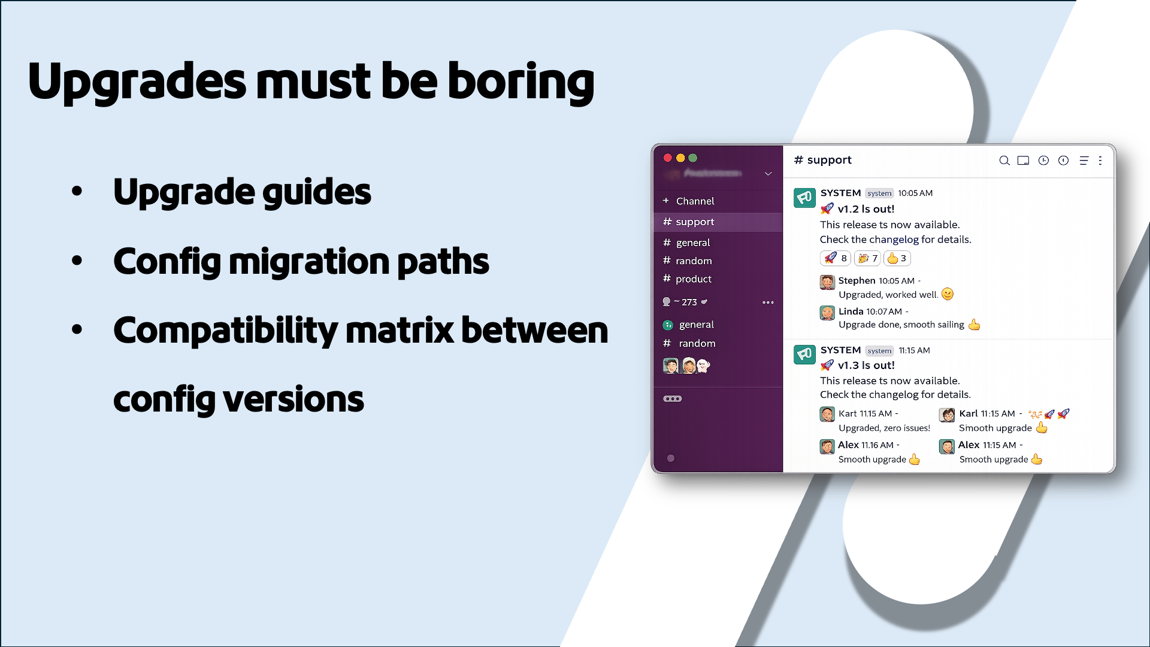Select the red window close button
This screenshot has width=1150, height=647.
click(x=667, y=158)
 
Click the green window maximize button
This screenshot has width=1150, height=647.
click(x=693, y=158)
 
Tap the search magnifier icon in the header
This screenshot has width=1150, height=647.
click(x=1004, y=161)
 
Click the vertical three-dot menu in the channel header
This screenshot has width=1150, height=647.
click(x=1100, y=161)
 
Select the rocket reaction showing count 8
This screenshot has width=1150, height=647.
click(x=835, y=258)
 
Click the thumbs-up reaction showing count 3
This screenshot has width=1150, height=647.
click(x=897, y=258)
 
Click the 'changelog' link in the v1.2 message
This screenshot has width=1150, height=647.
click(x=894, y=240)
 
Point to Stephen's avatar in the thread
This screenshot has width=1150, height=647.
click(x=827, y=282)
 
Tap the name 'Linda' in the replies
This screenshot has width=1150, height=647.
click(x=851, y=312)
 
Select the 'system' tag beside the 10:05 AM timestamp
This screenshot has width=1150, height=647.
click(x=879, y=194)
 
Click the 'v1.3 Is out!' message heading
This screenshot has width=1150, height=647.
click(x=866, y=365)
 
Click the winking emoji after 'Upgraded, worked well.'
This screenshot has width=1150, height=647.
click(x=948, y=294)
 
